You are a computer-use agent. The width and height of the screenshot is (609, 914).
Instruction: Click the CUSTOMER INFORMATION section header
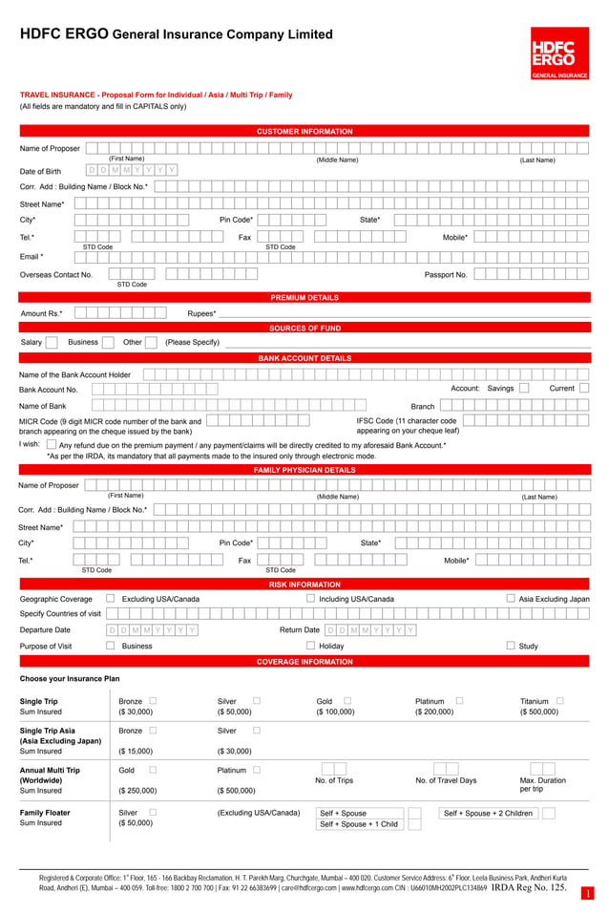tap(304, 131)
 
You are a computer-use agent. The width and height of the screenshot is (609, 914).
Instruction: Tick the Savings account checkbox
tap(524, 389)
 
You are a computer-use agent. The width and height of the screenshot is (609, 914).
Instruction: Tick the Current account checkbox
tap(584, 389)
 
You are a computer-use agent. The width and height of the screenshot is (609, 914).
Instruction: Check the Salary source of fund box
tap(52, 342)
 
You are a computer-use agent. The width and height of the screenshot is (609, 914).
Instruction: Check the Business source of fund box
tap(108, 342)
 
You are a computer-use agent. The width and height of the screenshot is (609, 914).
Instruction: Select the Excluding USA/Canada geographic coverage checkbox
tap(111, 599)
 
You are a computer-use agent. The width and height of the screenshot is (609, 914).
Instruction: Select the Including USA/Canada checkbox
tap(311, 599)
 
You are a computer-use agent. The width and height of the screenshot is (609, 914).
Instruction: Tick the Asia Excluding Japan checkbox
tap(512, 599)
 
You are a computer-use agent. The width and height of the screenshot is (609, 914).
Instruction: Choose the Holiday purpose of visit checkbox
tap(311, 646)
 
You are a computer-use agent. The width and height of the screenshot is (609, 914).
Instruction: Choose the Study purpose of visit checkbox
tap(512, 646)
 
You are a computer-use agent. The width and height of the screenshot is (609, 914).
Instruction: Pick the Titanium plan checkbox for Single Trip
tap(559, 701)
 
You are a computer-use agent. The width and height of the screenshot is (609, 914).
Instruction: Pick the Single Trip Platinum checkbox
tap(459, 701)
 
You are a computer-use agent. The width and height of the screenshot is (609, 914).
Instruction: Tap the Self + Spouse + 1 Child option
tap(359, 824)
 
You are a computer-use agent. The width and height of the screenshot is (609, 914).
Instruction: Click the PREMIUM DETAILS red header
tap(304, 298)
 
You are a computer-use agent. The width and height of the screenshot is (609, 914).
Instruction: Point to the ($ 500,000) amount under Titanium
tap(539, 712)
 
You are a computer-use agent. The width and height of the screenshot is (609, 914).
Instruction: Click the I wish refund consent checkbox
tap(52, 444)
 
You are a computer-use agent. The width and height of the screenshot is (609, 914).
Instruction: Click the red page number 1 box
tap(588, 894)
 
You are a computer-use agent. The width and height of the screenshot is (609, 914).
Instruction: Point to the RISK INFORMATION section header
tap(304, 585)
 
